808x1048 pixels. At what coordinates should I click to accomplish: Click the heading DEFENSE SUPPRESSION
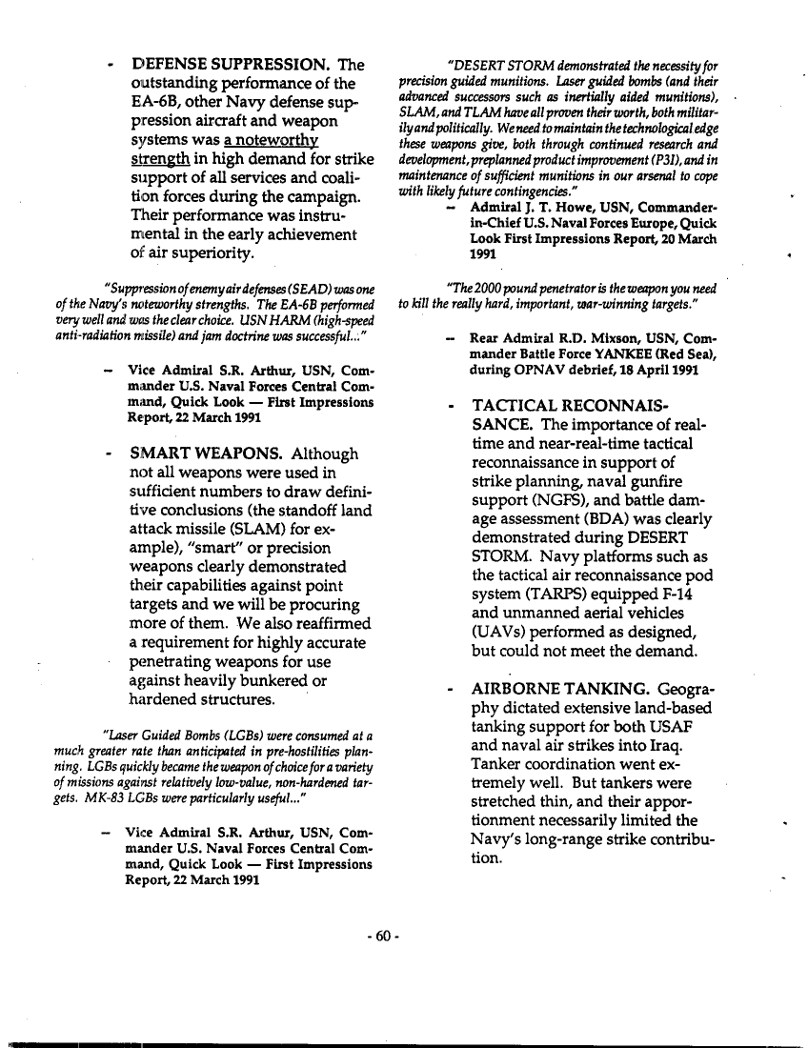click(231, 66)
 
